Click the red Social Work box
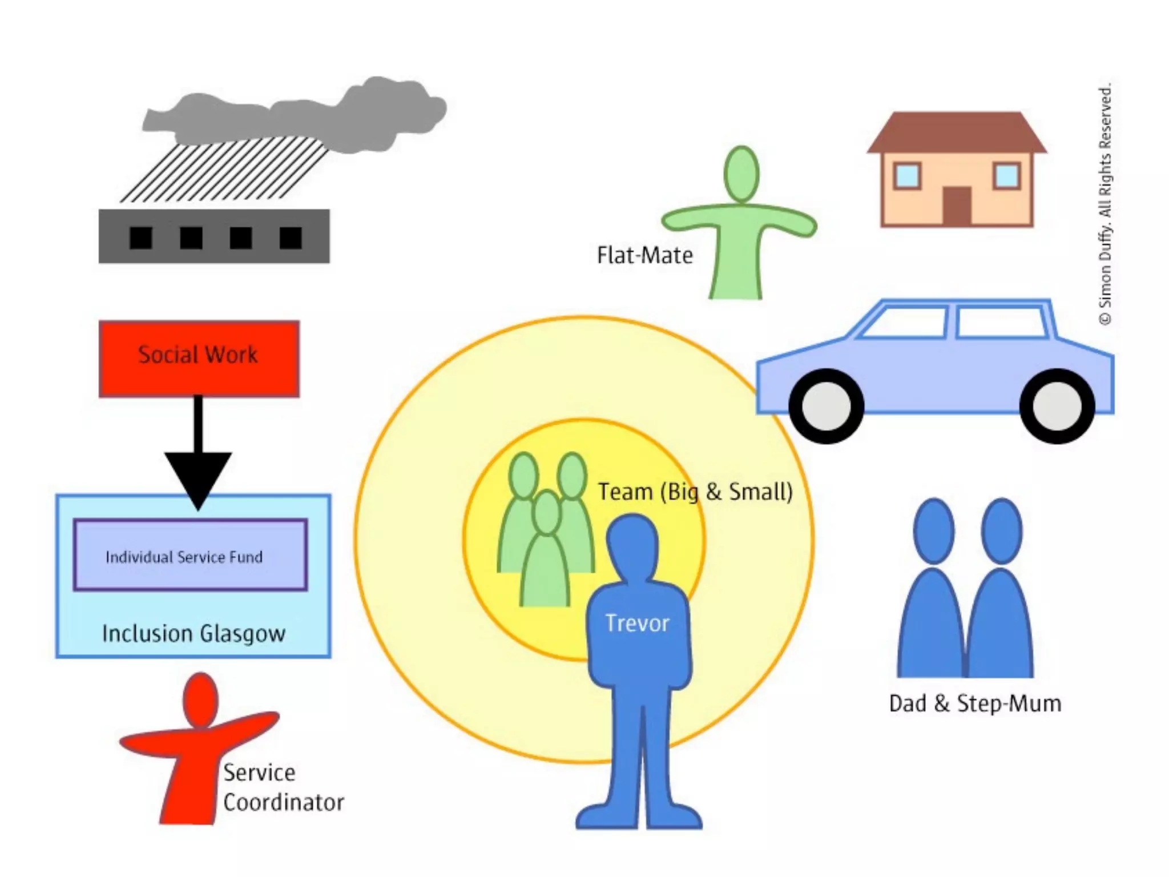[199, 358]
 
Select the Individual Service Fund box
[190, 554]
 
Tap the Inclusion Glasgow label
[194, 634]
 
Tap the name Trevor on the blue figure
[637, 623]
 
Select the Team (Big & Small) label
[695, 492]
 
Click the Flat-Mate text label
[644, 255]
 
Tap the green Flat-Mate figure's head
[741, 174]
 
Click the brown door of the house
[957, 205]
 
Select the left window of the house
[906, 175]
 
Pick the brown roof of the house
[957, 132]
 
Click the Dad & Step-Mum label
[975, 703]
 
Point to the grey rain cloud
[297, 117]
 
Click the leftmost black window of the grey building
[140, 238]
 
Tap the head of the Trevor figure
[632, 542]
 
